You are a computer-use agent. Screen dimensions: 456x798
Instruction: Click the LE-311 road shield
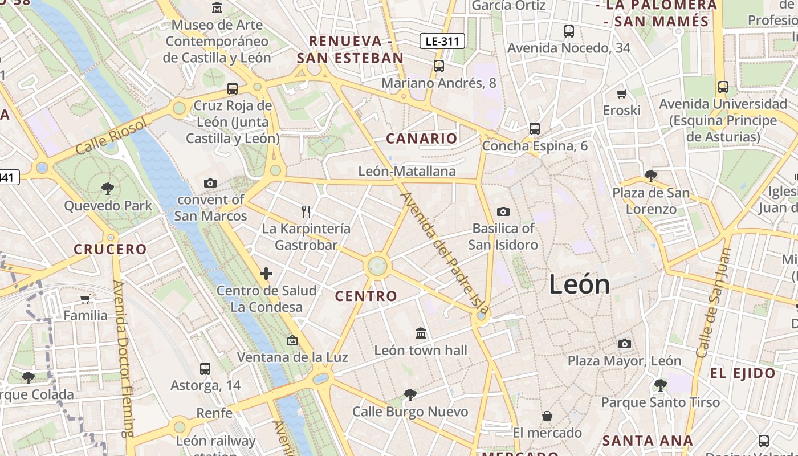click(x=442, y=40)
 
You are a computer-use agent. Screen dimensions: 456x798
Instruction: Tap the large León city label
click(x=579, y=284)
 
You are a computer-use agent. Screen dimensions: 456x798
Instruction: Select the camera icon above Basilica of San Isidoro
click(x=503, y=212)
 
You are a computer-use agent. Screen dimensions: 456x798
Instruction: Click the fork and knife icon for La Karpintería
click(x=306, y=212)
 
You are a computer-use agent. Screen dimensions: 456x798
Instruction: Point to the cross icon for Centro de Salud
click(x=266, y=274)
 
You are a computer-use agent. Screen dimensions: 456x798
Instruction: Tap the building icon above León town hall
click(x=421, y=333)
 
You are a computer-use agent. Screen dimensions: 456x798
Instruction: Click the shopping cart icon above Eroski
click(x=622, y=93)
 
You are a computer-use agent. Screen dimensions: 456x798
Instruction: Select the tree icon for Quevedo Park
click(x=107, y=189)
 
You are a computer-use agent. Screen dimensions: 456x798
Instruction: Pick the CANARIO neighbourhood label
click(x=421, y=139)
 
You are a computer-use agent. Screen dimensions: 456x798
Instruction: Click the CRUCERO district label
click(x=111, y=249)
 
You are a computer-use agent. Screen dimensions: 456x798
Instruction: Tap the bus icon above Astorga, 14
click(x=205, y=369)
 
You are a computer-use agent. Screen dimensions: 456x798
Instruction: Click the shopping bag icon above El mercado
click(x=547, y=416)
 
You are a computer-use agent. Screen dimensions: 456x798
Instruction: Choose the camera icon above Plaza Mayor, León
click(x=625, y=344)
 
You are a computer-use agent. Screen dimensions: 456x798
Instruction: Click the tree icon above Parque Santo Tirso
click(x=660, y=385)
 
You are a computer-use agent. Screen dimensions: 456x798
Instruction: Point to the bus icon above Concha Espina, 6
click(x=534, y=129)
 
